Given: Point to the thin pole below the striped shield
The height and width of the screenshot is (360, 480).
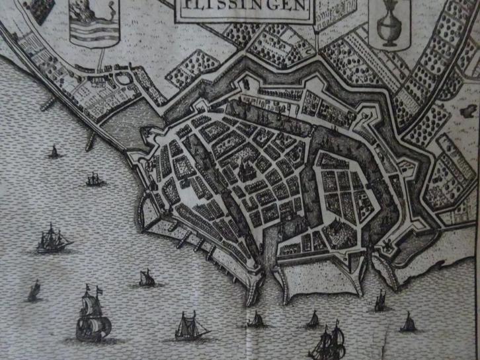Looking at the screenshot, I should click(x=100, y=59).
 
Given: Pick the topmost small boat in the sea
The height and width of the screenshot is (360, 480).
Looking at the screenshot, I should click(x=54, y=153).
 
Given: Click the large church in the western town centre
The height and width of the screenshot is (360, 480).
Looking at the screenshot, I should click(x=243, y=170).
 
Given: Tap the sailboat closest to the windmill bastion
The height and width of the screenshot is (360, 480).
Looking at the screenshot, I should click(x=381, y=302).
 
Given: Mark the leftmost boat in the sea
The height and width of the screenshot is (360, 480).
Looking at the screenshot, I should click(x=34, y=291).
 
